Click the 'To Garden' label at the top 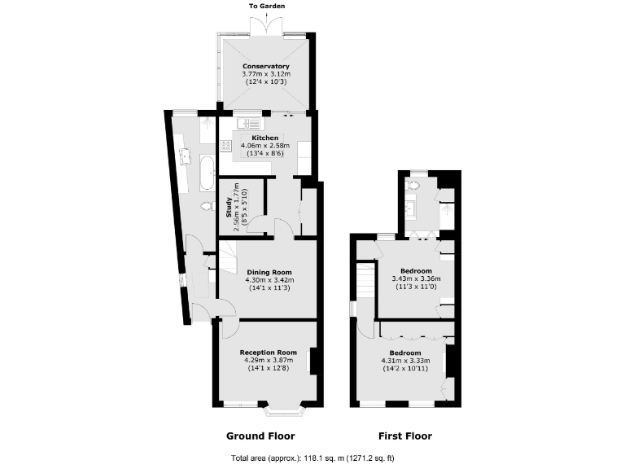266,6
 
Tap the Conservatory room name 266,66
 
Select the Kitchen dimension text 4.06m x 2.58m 266,146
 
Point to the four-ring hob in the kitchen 226,146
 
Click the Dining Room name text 269,272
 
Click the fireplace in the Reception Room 312,361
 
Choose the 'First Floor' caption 404,436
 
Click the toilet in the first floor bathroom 413,186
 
